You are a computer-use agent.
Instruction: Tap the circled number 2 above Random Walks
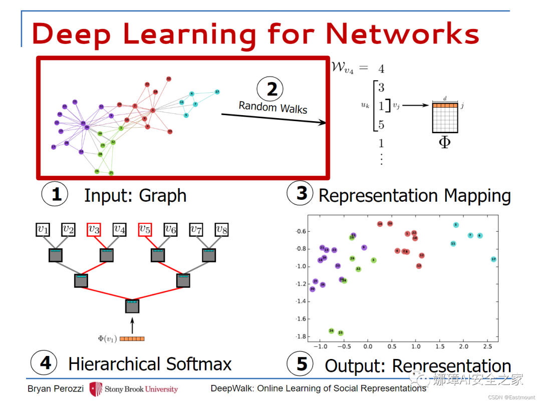[x=272, y=90]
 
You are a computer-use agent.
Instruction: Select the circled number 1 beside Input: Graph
[x=56, y=194]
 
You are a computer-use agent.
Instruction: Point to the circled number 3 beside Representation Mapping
[x=301, y=193]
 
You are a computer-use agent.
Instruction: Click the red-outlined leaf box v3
[x=94, y=230]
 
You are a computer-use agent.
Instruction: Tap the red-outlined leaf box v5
[x=145, y=230]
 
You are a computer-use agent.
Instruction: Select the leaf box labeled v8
[x=222, y=230]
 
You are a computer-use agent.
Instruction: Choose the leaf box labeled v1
[x=43, y=230]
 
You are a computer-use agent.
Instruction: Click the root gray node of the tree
[x=132, y=305]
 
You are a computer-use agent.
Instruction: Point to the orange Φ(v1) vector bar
[x=132, y=339]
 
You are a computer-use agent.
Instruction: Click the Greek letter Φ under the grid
[x=444, y=142]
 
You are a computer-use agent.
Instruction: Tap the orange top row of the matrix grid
[x=445, y=106]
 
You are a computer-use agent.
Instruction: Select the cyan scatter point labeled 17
[x=493, y=259]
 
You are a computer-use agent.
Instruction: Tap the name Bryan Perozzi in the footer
[x=55, y=389]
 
